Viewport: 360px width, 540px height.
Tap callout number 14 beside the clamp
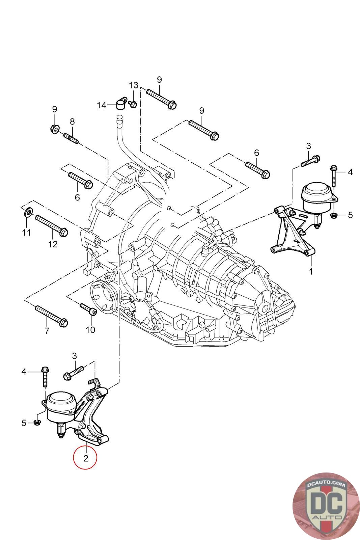(x=102, y=105)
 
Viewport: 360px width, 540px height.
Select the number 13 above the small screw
(x=134, y=84)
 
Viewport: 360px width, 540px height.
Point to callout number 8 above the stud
(x=72, y=122)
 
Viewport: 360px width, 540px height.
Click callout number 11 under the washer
(x=26, y=233)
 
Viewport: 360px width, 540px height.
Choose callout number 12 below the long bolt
(x=53, y=244)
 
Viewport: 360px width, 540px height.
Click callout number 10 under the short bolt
(x=90, y=329)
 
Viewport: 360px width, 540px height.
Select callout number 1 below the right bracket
(x=311, y=271)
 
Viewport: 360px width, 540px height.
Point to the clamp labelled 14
(x=120, y=103)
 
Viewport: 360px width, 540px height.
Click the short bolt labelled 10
(x=88, y=309)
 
